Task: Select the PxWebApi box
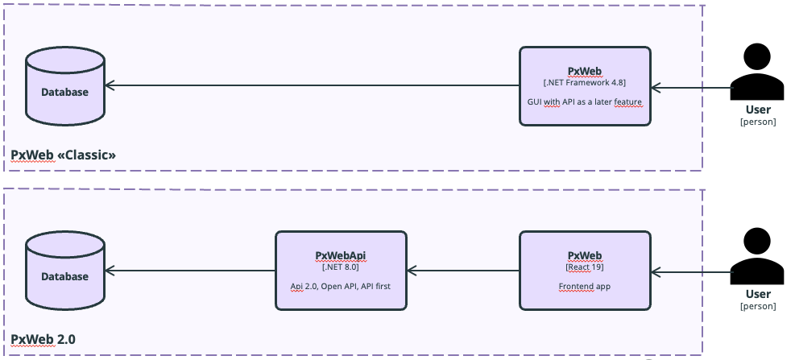tap(341, 271)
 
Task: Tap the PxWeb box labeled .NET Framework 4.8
tap(585, 86)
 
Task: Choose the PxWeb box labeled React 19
tap(585, 271)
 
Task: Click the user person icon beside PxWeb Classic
tap(757, 72)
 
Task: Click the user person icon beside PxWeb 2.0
tap(757, 256)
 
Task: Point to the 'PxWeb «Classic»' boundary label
tap(64, 155)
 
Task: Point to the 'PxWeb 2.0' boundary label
tap(43, 339)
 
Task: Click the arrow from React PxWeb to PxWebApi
tap(463, 271)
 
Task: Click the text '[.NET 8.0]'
tap(341, 267)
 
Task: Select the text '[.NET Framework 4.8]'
tap(585, 83)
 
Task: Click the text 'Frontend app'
tap(585, 286)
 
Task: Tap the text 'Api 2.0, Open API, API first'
tap(341, 286)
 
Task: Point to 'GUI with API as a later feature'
tap(585, 102)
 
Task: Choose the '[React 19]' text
tap(585, 267)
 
